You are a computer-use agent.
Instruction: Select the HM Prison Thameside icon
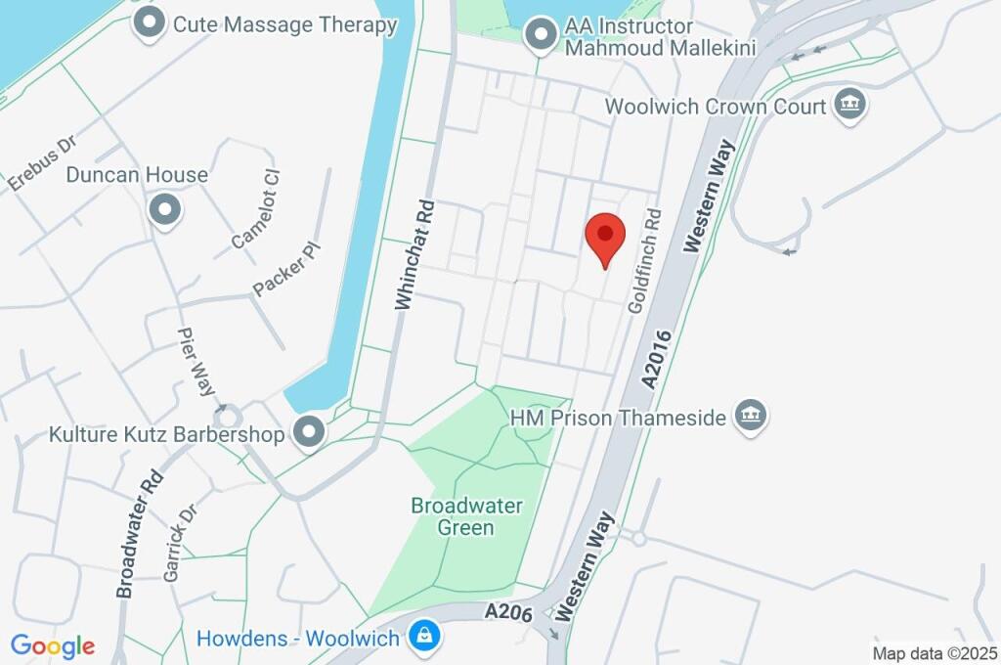coord(750,418)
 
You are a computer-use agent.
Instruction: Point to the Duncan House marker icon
coord(163,208)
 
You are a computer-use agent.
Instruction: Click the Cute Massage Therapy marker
coord(149,23)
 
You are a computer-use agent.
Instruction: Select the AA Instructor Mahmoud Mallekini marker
coord(538,37)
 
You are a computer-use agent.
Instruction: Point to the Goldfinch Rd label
coord(645,260)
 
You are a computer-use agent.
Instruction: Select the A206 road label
coord(508,612)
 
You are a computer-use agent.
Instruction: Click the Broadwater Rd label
coord(138,536)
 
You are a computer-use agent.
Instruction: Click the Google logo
coord(53,645)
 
